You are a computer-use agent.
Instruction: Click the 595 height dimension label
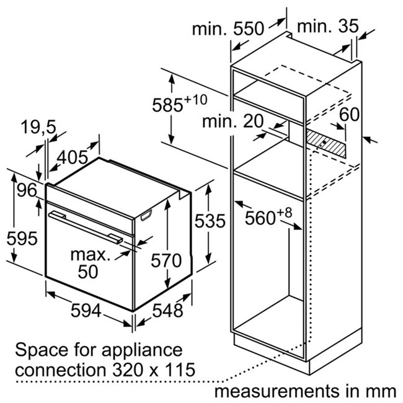pyautogui.click(x=22, y=239)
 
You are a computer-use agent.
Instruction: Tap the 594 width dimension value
pyautogui.click(x=86, y=311)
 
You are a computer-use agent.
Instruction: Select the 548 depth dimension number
pyautogui.click(x=167, y=311)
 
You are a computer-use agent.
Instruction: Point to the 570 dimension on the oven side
pyautogui.click(x=166, y=260)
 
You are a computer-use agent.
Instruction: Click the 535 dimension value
pyautogui.click(x=210, y=221)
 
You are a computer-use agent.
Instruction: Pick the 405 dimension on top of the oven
pyautogui.click(x=73, y=157)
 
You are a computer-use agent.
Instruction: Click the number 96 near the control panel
pyautogui.click(x=27, y=190)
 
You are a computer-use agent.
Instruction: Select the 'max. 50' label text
pyautogui.click(x=90, y=263)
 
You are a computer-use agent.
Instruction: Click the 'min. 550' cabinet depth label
pyautogui.click(x=228, y=29)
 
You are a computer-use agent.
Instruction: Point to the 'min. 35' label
pyautogui.click(x=328, y=25)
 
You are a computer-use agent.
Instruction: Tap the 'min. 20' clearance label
pyautogui.click(x=233, y=121)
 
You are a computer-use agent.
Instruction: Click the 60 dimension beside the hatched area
pyautogui.click(x=349, y=114)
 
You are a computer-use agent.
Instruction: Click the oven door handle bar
pyautogui.click(x=86, y=228)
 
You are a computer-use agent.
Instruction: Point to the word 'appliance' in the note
pyautogui.click(x=142, y=350)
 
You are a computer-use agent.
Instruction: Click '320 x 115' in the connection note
pyautogui.click(x=154, y=370)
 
